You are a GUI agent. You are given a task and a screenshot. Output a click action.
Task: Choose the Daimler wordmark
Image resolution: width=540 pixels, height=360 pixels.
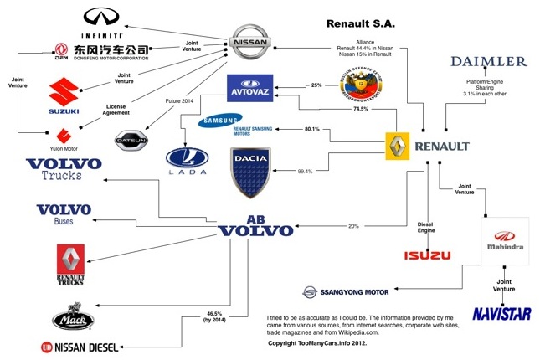click(x=488, y=61)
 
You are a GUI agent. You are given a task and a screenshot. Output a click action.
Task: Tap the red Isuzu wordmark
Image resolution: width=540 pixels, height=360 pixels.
click(x=427, y=255)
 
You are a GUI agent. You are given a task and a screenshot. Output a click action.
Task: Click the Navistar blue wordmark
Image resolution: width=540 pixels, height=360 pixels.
click(x=502, y=313)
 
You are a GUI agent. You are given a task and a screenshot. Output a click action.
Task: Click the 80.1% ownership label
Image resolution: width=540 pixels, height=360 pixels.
click(x=313, y=129)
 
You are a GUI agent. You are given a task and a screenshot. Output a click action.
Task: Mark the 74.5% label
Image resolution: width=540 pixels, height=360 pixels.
click(x=361, y=109)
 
